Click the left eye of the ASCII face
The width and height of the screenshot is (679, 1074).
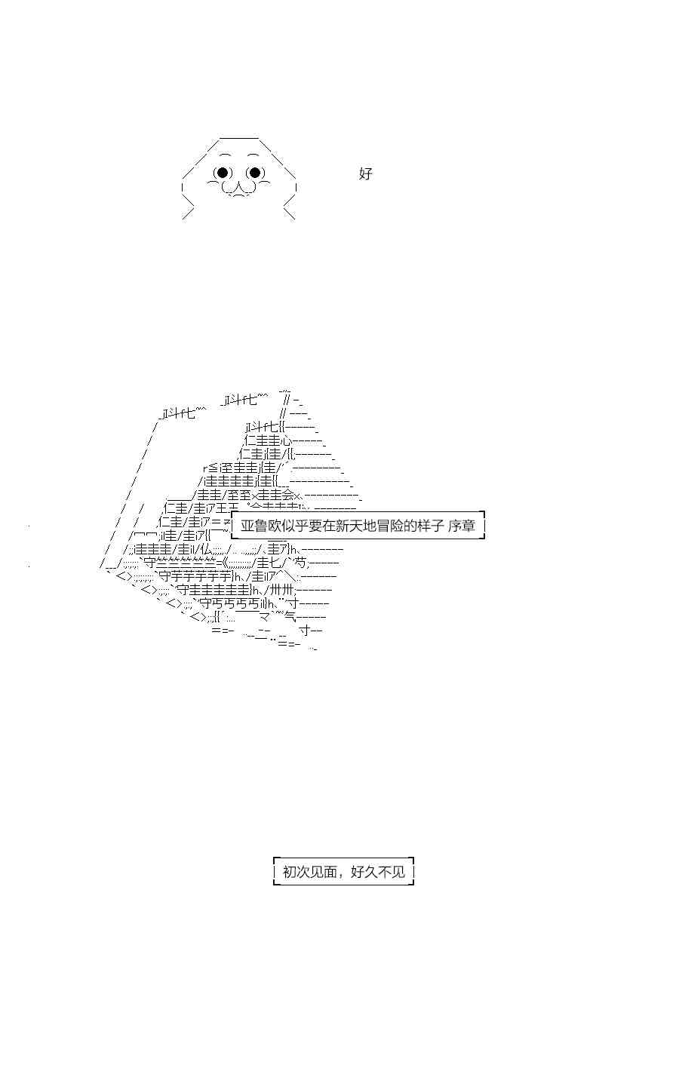pyautogui.click(x=222, y=173)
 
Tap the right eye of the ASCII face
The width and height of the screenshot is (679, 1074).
pyautogui.click(x=254, y=173)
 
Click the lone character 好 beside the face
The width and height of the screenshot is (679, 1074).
pyautogui.click(x=366, y=173)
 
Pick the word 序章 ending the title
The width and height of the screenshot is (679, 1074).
pyautogui.click(x=461, y=526)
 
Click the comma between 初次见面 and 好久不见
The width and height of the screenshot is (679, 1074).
pyautogui.click(x=342, y=875)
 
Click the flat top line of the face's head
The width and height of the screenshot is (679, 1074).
pyautogui.click(x=239, y=139)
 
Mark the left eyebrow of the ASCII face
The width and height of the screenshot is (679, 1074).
pyautogui.click(x=225, y=155)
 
